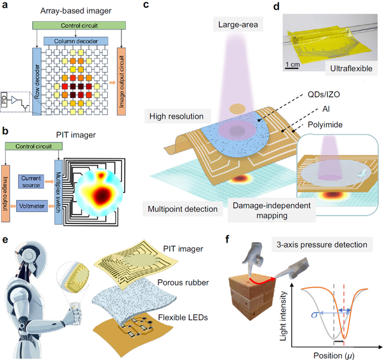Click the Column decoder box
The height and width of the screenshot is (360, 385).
click(76, 41)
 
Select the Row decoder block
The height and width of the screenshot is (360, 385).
click(37, 81)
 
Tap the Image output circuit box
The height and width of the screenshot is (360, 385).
click(121, 81)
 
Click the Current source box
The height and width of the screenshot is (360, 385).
click(31, 182)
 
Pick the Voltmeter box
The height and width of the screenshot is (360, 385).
click(32, 206)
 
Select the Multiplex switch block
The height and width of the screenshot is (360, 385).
click(58, 192)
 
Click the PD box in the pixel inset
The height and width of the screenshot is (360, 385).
click(4, 99)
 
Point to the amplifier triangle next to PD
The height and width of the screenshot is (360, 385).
click(15, 100)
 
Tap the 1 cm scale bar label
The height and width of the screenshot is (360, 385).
click(293, 65)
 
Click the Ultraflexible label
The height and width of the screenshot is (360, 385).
click(351, 69)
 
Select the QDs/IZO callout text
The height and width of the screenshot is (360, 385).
click(324, 94)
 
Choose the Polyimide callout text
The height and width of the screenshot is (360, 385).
click(325, 124)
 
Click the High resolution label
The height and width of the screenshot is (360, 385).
click(176, 116)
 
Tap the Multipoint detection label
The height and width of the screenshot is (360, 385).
click(183, 209)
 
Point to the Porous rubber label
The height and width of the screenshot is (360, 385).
click(183, 282)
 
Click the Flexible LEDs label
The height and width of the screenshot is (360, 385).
click(183, 318)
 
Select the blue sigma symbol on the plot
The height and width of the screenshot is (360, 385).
click(314, 314)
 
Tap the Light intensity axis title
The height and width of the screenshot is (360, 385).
click(284, 316)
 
